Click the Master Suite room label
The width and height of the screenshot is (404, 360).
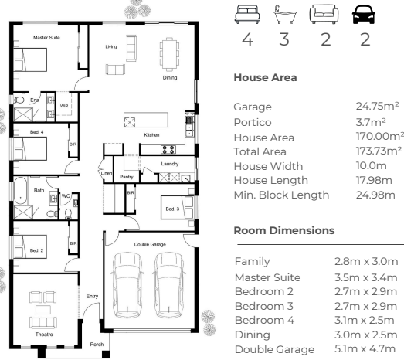46,38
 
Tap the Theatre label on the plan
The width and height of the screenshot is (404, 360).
44,335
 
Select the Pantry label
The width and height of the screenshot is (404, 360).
127,177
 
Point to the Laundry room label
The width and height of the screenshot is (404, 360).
170,164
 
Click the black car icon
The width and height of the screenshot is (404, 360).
364,15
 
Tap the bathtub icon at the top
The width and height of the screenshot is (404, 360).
285,15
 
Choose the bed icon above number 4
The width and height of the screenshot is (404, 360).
247,15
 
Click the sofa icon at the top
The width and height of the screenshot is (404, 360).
324,15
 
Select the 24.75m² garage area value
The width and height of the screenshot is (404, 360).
378,106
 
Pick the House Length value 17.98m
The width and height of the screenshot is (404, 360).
374,180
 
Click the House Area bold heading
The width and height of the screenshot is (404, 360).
265,77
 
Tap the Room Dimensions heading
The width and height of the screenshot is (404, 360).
284,230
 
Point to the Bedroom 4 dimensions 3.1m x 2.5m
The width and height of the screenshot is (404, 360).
365,320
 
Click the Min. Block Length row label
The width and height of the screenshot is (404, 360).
281,195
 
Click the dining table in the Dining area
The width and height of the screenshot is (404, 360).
169,54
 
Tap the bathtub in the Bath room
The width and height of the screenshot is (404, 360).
20,191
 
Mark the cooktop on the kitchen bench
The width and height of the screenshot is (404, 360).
168,149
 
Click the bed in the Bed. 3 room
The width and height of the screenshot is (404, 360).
177,208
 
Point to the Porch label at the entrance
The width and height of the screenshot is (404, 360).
97,345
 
